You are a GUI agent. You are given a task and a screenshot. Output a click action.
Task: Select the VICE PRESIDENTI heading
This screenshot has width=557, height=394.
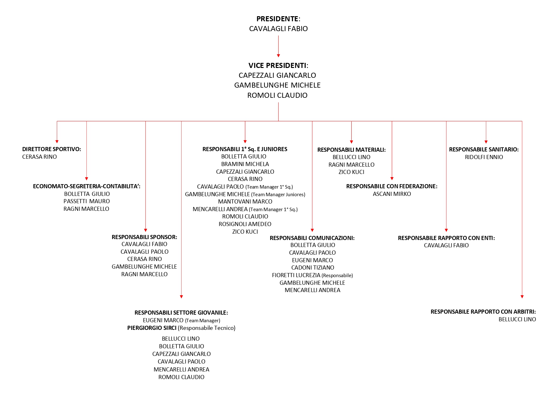click(278, 65)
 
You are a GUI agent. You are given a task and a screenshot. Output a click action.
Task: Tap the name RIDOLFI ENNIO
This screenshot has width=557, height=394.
click(484, 157)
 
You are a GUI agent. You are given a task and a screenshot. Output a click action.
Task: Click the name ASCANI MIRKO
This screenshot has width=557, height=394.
click(392, 194)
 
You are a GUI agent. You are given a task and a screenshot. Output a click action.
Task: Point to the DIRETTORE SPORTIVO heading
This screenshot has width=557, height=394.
click(51, 149)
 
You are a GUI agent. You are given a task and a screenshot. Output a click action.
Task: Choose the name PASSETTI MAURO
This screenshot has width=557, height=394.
click(87, 201)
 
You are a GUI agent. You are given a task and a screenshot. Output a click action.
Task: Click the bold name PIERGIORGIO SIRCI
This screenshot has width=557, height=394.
click(152, 328)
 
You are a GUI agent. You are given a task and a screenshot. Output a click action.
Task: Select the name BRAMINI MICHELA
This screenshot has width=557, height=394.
click(245, 164)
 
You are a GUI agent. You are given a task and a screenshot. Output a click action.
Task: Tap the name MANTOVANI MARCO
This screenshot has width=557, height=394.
click(245, 202)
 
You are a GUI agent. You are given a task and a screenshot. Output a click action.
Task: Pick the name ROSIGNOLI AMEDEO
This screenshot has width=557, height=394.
click(245, 224)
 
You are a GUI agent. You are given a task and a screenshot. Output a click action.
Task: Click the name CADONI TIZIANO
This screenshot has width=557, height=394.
click(313, 268)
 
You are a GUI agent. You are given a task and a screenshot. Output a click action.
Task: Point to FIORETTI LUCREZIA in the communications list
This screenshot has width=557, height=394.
click(296, 275)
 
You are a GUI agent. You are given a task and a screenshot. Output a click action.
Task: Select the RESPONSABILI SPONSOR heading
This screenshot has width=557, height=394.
click(144, 237)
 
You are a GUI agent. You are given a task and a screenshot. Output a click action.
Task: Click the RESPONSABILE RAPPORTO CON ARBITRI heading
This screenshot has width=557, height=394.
click(483, 312)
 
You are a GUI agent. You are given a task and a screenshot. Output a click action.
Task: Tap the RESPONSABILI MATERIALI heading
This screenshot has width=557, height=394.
click(351, 150)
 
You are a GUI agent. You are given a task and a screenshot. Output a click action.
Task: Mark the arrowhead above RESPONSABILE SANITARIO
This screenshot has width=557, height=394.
click(486, 142)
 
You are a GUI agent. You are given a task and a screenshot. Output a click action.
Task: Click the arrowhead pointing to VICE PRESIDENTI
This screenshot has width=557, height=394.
click(278, 56)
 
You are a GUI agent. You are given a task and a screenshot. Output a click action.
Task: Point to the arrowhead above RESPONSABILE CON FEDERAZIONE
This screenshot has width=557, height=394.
click(392, 179)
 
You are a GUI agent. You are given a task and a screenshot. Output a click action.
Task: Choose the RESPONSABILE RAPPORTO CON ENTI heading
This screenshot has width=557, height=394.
click(446, 238)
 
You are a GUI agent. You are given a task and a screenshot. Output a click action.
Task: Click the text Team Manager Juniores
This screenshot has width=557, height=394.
click(278, 195)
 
